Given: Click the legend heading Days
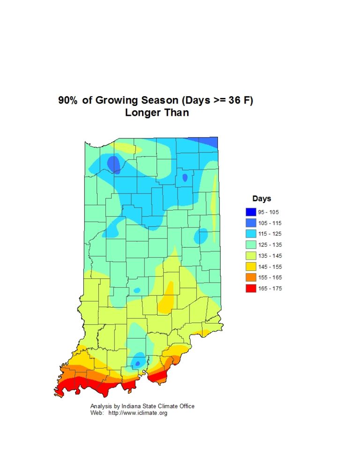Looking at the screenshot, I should click(x=262, y=199).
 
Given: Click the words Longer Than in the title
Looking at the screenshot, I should click(x=157, y=113).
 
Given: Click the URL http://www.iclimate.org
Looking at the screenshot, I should click(x=138, y=413).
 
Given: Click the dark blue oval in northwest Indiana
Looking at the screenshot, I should click(x=113, y=164).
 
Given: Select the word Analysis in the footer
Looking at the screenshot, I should click(x=101, y=406).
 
